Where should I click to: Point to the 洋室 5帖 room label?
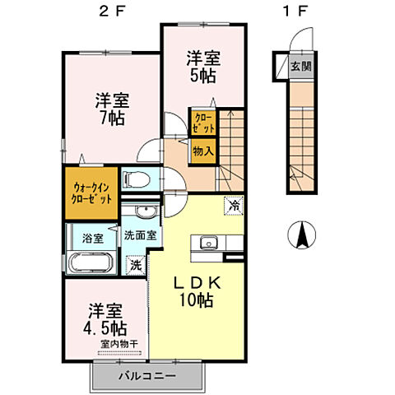(x=201, y=67)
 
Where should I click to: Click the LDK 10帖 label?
(x=194, y=290)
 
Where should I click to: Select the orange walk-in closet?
(x=90, y=193)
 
